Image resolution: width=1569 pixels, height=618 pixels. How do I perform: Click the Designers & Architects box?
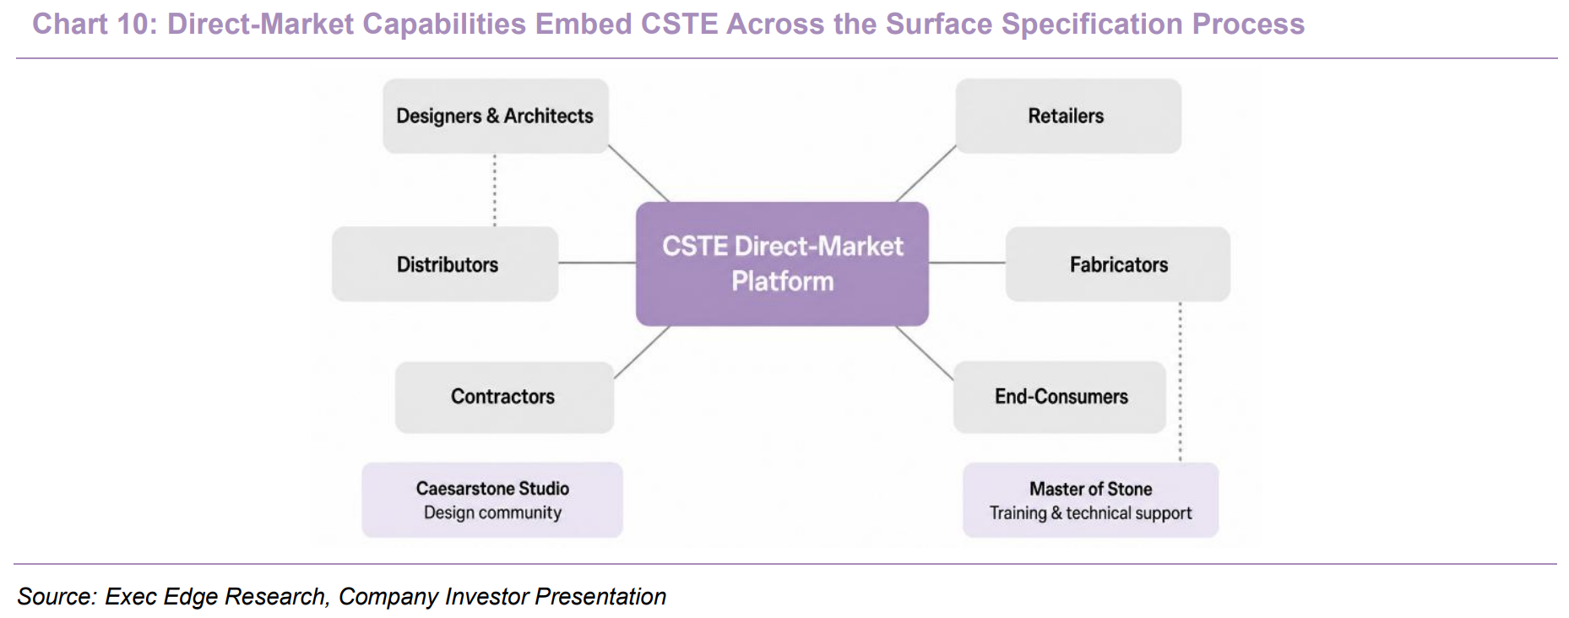(496, 116)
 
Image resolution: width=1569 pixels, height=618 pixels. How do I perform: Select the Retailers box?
(1068, 116)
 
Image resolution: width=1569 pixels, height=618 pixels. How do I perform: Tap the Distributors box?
(445, 264)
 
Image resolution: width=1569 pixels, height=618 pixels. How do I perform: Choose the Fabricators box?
(1118, 264)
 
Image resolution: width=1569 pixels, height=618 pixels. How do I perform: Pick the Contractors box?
(504, 397)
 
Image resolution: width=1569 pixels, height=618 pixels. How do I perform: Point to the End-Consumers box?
(1060, 397)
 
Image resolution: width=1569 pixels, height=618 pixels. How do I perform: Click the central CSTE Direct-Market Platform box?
(782, 263)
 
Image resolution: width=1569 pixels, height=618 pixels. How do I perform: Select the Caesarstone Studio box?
(492, 500)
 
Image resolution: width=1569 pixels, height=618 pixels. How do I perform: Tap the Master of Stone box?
(1090, 500)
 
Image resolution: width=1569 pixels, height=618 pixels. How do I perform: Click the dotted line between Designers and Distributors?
(495, 190)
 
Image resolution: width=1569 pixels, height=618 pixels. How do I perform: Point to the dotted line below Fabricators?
(1181, 382)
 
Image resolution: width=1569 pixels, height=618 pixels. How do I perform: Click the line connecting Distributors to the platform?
(597, 263)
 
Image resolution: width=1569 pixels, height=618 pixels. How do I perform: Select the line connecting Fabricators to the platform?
(967, 263)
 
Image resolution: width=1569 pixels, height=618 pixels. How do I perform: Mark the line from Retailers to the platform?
(926, 174)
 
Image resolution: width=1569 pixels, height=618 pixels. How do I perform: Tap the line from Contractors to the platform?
(642, 352)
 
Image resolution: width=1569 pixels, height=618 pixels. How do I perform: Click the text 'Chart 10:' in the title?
(95, 24)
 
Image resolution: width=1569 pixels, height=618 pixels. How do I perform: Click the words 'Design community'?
(492, 512)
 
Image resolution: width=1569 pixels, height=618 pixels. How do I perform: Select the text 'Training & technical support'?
(1090, 512)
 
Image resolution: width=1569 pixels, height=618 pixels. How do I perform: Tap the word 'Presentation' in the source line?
(600, 596)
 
